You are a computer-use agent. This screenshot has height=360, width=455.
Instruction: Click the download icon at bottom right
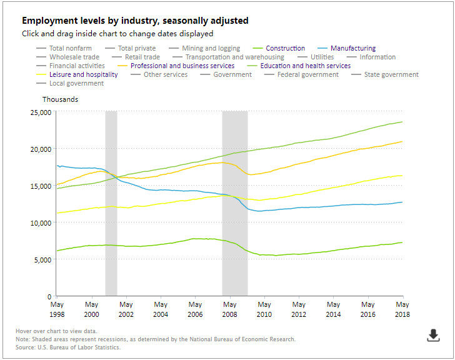coord(433,336)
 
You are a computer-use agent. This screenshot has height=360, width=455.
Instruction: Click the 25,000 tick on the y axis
coord(39,112)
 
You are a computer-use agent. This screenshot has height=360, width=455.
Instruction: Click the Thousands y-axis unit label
coord(61,99)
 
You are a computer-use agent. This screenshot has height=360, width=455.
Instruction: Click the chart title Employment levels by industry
coord(135,21)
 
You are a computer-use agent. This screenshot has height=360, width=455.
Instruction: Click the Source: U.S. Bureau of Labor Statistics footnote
coord(68,347)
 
